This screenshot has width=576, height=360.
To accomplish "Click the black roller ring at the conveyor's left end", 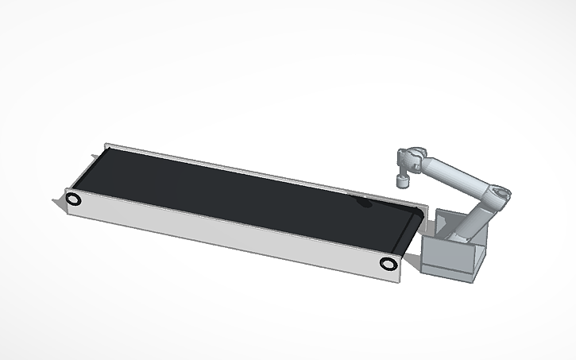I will (73, 199).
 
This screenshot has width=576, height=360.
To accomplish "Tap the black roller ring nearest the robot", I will (388, 264).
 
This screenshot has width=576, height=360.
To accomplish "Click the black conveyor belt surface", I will (238, 191).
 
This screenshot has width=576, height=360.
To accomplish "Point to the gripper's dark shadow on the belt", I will (365, 203).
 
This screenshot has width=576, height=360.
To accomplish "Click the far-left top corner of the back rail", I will (106, 145).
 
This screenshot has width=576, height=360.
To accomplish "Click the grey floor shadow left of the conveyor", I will (56, 205).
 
